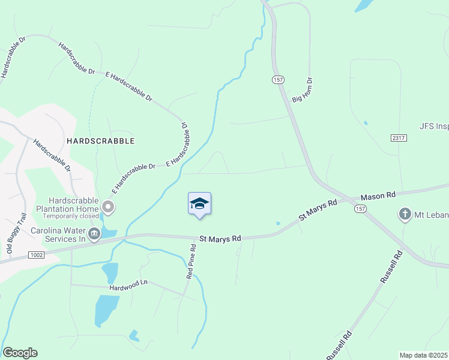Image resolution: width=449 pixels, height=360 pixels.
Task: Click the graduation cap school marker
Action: pos(199,204)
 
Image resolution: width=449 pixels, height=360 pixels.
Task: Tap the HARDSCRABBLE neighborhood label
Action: pos(101,140)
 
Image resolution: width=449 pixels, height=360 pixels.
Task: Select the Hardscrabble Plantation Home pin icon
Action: pos(108,208)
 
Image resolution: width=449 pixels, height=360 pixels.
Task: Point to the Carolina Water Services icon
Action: pos(94,233)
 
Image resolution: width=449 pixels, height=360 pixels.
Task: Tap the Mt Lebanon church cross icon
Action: pos(405,214)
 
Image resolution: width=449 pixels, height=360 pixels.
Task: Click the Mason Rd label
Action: pos(378,196)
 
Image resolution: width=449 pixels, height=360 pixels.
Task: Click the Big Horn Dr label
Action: pos(301,90)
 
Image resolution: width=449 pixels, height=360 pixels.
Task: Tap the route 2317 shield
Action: pos(397,138)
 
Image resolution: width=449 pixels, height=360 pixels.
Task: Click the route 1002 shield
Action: pos(37,256)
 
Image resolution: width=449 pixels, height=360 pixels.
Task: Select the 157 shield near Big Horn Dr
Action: pos(277,80)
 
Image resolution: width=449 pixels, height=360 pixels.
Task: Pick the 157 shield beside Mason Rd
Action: pos(360,208)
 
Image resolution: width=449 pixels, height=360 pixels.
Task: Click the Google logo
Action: pos(20,353)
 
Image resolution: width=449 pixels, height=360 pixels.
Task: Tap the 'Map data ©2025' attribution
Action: pos(423,355)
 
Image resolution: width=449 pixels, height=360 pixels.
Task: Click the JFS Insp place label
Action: pos(433,127)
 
